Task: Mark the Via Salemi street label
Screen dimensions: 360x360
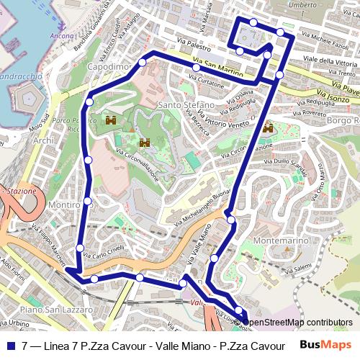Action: tap(302, 267)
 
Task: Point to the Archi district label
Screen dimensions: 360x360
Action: tap(43, 140)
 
